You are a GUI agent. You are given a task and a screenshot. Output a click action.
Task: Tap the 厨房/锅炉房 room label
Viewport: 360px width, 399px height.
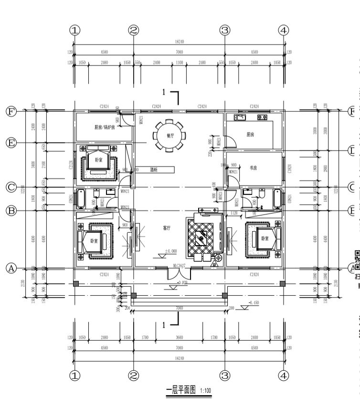click(x=104, y=128)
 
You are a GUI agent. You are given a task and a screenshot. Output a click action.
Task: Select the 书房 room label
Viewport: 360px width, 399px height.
click(x=254, y=168)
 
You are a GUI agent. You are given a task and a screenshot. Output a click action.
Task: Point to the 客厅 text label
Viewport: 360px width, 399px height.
click(x=166, y=228)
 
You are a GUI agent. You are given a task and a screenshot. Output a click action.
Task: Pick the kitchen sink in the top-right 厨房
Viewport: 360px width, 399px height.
click(x=239, y=117)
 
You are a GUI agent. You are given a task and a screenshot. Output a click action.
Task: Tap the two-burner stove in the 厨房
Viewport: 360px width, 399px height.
click(x=262, y=117)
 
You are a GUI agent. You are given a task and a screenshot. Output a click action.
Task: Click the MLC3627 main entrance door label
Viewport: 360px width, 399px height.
click(x=179, y=267)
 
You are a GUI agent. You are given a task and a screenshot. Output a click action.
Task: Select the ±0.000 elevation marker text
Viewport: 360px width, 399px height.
click(x=171, y=251)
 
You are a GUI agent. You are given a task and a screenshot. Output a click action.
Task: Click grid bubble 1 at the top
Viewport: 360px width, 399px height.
click(x=74, y=30)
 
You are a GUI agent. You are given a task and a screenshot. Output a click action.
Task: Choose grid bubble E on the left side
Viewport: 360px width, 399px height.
click(x=11, y=142)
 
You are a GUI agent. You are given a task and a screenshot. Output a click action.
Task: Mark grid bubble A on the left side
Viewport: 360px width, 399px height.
click(x=11, y=268)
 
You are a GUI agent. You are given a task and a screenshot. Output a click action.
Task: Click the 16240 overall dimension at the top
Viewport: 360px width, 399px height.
click(x=179, y=43)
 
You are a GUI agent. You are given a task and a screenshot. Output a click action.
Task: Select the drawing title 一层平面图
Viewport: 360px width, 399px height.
click(x=181, y=390)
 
